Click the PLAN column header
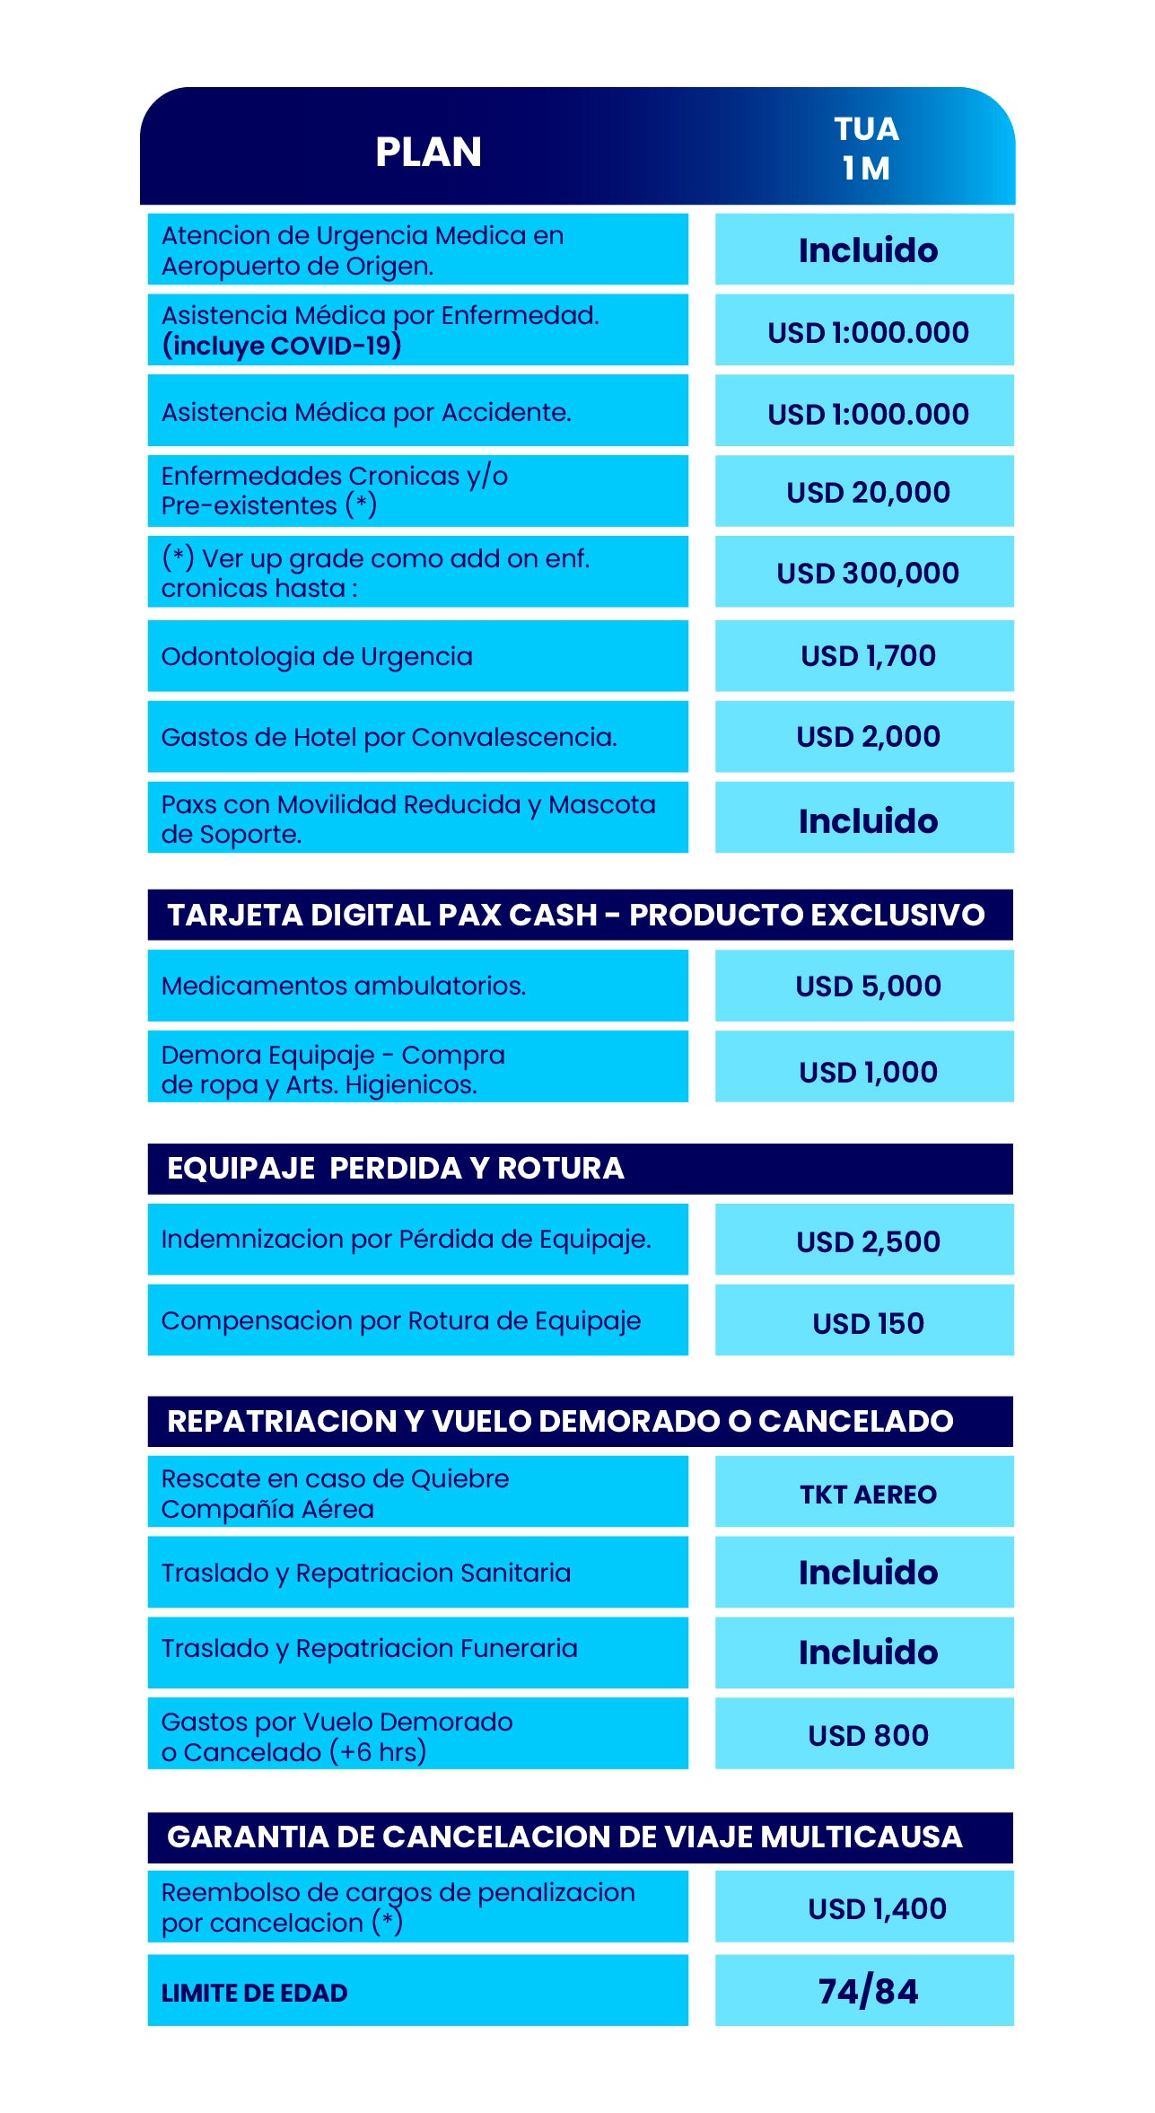428,152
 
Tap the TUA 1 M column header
866,149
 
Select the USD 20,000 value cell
868,492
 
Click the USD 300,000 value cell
868,573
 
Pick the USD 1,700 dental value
868,656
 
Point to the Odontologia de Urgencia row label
317,656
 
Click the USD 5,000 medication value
868,986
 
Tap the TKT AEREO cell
868,1494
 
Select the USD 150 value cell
868,1323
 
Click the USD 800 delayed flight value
868,1735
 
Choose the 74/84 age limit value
868,1992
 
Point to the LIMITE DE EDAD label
254,1993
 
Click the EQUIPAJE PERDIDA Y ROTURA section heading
395,1168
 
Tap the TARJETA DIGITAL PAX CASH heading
575,915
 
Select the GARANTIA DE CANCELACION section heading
564,1837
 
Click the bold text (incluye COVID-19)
281,346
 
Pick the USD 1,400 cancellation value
877,1908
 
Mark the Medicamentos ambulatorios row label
343,986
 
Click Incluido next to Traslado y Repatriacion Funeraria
868,1653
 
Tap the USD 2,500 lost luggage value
868,1241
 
